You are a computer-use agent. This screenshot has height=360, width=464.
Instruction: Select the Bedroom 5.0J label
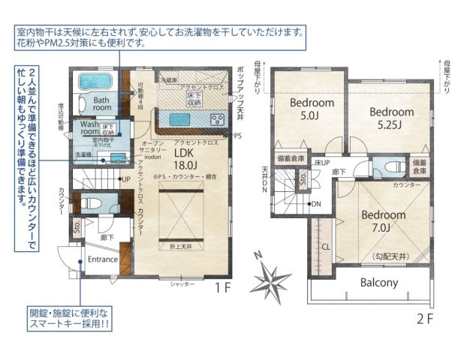coord(296,109)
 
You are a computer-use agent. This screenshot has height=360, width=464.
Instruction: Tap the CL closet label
coord(326,245)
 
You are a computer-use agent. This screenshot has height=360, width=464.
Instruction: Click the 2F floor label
coord(425,317)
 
